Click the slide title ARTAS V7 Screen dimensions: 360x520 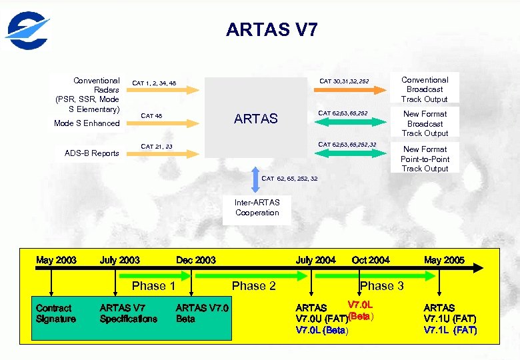271,29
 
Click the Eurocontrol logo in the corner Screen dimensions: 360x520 27,31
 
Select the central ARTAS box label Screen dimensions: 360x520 256,119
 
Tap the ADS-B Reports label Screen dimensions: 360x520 91,153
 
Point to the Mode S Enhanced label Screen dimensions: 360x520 87,123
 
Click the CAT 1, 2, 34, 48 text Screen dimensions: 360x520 154,83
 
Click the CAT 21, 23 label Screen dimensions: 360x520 157,146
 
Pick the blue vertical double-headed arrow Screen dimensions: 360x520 257,179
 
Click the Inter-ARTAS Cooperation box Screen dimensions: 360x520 257,207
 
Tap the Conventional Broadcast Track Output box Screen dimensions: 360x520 425,89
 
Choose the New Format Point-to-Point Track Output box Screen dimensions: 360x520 425,159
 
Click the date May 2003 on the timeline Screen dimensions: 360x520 56,260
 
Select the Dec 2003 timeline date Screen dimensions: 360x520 195,260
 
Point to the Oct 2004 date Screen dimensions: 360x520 370,260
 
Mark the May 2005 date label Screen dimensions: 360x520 444,260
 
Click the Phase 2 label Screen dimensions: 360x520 253,286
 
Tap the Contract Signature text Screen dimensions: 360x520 55,313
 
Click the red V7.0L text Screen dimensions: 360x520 360,305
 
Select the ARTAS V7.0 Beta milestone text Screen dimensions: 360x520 201,313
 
